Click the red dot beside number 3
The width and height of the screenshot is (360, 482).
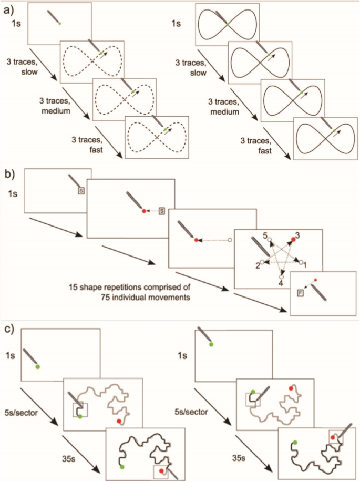click(x=292, y=240)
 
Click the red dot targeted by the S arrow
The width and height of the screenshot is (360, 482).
click(x=143, y=211)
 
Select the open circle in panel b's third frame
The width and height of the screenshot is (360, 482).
click(x=229, y=240)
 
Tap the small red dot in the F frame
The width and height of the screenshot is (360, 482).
click(x=315, y=280)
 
